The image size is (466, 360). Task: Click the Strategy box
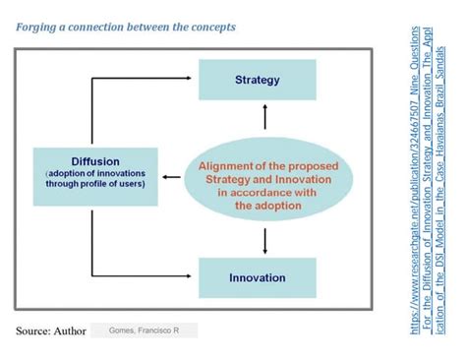click(x=259, y=79)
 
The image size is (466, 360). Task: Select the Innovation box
click(x=258, y=277)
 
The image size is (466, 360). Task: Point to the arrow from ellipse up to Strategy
click(x=264, y=119)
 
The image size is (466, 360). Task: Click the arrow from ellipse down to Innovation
click(x=264, y=239)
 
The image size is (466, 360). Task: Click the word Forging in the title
click(x=38, y=27)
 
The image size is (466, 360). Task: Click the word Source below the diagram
click(x=36, y=330)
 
